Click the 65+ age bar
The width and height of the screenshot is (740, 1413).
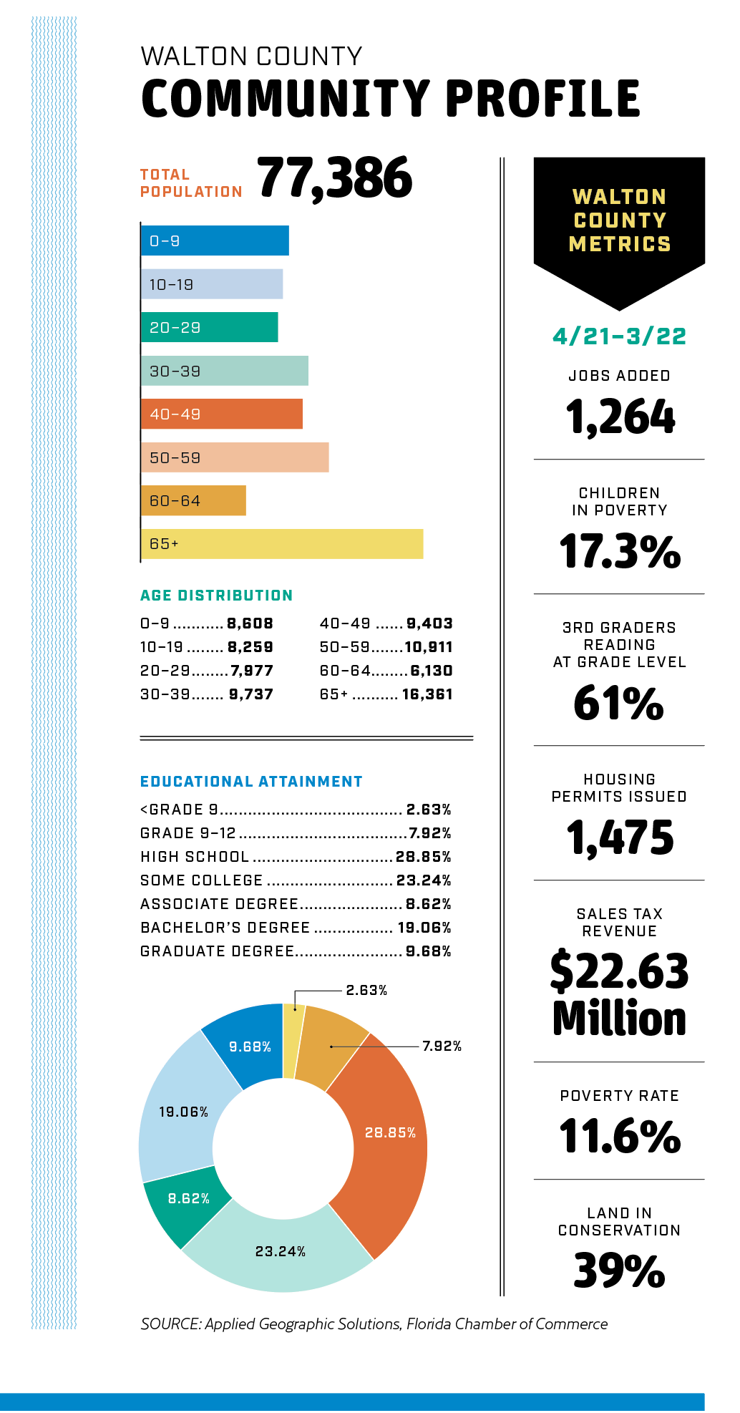pos(282,544)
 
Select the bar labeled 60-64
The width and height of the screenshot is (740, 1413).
pos(193,501)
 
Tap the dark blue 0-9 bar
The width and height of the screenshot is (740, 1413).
pos(215,241)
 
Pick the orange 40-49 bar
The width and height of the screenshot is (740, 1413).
pos(222,414)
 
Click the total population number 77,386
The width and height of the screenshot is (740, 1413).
pos(334,178)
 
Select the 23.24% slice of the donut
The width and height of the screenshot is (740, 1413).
pos(279,1253)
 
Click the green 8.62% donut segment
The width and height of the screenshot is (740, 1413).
pos(188,1203)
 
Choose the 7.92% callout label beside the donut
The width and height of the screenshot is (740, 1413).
pos(442,1047)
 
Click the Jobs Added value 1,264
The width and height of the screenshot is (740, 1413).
pos(620,417)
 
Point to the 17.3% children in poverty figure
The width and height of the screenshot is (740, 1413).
pos(620,552)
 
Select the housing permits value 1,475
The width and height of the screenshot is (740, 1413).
pos(620,838)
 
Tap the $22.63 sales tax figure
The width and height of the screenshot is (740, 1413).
pos(620,971)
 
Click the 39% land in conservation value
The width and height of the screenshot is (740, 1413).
pos(620,1271)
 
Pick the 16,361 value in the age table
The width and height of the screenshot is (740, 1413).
pos(427,694)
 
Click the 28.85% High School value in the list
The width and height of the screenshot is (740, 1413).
pos(423,857)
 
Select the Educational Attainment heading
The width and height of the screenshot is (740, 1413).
pos(251,782)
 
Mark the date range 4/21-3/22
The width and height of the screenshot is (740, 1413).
pos(620,336)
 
